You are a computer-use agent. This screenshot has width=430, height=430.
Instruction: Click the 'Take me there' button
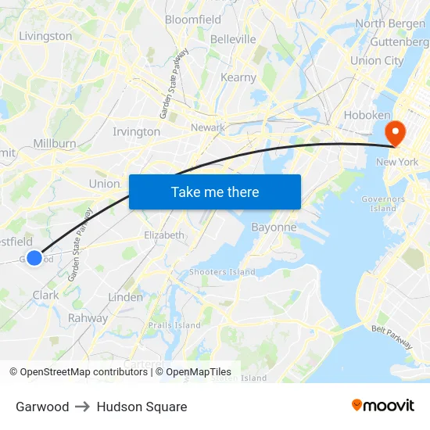(215, 192)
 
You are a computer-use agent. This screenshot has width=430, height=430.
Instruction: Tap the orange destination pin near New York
(396, 132)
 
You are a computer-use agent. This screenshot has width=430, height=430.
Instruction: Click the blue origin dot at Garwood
(34, 257)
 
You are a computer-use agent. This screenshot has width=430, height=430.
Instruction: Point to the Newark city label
(207, 127)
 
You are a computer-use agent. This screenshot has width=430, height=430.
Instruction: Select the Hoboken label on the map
(367, 115)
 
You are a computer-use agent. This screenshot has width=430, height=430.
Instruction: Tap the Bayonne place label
(274, 228)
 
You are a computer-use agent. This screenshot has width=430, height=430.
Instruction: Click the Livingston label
(45, 36)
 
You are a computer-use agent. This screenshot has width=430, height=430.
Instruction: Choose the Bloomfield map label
(193, 20)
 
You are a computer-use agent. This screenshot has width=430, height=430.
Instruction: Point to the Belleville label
(233, 39)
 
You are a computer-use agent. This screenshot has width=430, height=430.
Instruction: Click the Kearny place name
(238, 77)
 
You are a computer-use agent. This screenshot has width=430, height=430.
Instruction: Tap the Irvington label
(136, 131)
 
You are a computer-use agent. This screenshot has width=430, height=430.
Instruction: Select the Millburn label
(55, 144)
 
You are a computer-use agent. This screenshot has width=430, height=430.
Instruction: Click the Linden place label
(125, 297)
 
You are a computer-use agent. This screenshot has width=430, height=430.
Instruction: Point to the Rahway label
(88, 318)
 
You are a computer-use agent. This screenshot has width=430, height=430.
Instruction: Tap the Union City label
(377, 60)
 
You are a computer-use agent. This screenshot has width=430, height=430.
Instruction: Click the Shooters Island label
(222, 272)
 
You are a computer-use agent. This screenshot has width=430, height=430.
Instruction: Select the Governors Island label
(383, 204)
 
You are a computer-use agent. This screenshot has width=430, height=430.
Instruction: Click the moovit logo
(383, 406)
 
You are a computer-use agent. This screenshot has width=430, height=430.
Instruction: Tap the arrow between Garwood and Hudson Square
(83, 407)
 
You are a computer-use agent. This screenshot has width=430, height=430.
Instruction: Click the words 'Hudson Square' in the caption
(142, 407)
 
